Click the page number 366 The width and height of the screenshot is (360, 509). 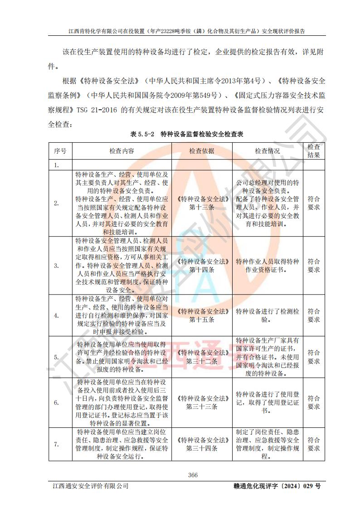(193, 475)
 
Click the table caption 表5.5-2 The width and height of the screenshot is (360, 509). (142, 134)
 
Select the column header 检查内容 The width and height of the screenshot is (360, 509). (122, 151)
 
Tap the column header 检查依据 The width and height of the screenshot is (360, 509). (202, 151)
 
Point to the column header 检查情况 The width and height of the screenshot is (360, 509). (267, 151)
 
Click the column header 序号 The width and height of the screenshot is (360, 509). (60, 151)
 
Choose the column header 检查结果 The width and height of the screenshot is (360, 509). (314, 151)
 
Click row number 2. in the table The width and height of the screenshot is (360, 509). (57, 204)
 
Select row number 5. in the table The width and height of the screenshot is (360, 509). (57, 357)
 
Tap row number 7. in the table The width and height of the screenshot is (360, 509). (57, 444)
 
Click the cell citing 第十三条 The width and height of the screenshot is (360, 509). (202, 203)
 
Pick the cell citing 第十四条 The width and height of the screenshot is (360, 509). (202, 266)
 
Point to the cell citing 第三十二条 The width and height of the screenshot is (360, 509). (202, 357)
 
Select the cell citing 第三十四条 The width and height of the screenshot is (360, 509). (202, 444)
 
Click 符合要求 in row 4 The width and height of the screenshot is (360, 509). (314, 315)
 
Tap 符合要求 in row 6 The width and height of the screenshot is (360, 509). (314, 402)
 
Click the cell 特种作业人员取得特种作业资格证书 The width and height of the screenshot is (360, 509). (267, 266)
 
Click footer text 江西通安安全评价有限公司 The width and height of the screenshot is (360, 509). (90, 486)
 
